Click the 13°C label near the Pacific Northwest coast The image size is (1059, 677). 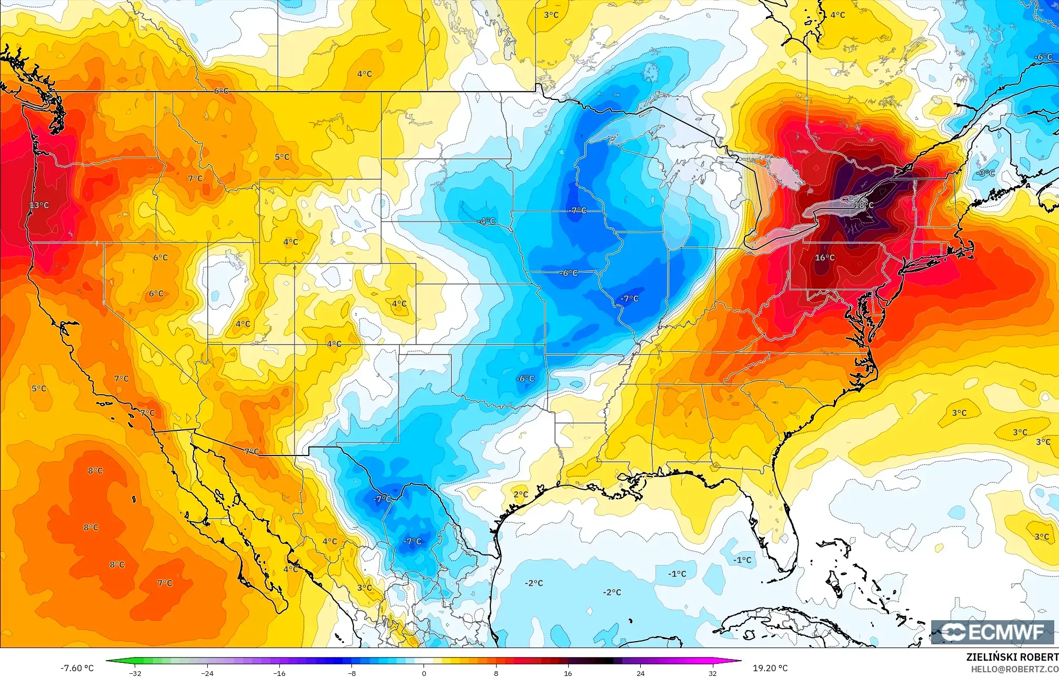(39, 205)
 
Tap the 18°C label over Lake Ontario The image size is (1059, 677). (863, 205)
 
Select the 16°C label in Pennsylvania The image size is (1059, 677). (824, 258)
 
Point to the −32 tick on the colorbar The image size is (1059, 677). (135, 673)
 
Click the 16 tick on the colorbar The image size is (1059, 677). (568, 673)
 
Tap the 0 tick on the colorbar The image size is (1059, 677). (424, 673)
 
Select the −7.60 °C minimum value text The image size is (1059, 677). (77, 668)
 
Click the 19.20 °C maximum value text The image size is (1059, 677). (770, 668)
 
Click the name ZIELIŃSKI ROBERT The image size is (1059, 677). (1012, 657)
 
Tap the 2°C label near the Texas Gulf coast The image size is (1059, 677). (521, 494)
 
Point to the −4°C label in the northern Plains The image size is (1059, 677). (487, 221)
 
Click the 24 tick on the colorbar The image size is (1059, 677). (640, 673)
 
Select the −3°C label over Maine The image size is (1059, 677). (985, 173)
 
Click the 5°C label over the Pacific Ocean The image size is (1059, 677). (39, 389)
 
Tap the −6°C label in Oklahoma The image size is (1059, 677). (525, 379)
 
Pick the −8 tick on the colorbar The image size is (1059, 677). (352, 673)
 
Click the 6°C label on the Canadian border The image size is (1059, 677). (221, 91)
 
